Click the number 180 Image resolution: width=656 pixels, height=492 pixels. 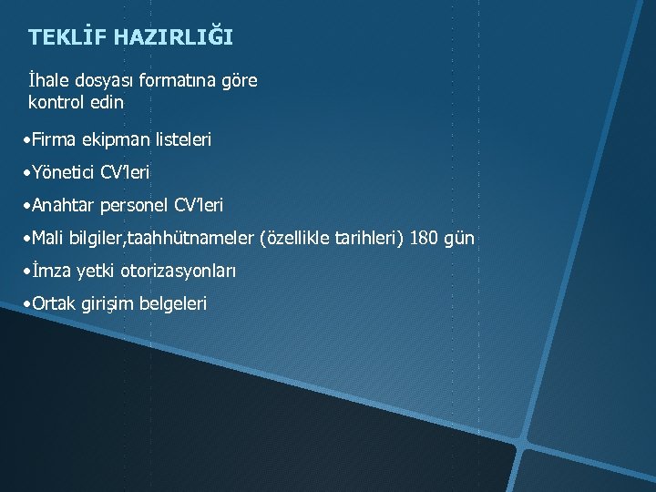coord(424,239)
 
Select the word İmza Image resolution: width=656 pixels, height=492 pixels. coord(51,271)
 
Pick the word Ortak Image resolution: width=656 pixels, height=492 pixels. coord(56,302)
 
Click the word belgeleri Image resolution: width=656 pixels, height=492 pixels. coord(173,302)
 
